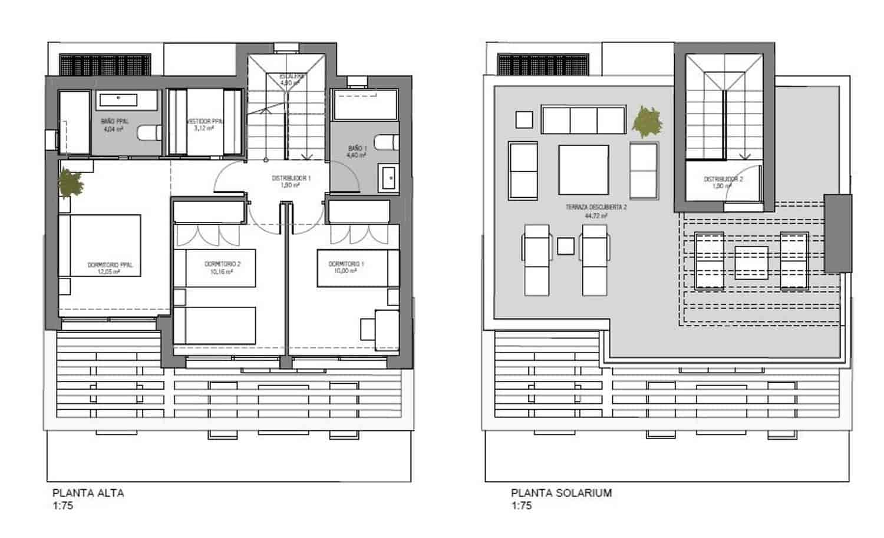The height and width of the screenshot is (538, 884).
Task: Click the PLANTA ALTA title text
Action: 88,493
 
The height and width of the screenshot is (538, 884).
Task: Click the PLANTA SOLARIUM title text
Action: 561,493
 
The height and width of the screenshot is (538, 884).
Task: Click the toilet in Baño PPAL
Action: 149,134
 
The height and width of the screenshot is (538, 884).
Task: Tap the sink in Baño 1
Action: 388,178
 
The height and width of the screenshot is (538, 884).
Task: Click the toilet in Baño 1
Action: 386,142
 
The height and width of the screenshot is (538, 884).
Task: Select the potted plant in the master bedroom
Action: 71,183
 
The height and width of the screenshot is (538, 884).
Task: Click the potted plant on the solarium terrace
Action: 646,122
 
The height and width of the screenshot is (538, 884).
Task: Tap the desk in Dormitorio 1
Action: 377,325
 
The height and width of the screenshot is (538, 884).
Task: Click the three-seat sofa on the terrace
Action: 583,120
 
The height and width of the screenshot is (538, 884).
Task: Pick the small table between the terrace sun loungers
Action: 565,245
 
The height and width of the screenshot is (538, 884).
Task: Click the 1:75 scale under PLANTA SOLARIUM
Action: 521,506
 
